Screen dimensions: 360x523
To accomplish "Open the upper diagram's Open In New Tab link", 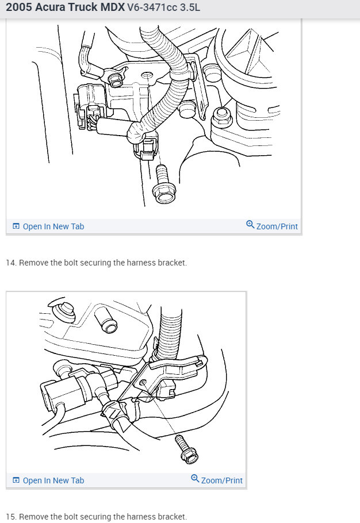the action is pos(53,226).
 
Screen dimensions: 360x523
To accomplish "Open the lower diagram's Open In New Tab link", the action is pos(53,480).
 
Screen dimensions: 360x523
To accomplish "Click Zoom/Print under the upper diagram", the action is pos(277,226).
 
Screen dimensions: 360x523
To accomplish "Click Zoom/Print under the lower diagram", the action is pos(222,480).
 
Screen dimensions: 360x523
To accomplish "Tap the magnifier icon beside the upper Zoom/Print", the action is pos(250,225).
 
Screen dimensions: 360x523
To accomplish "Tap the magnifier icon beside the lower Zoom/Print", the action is pos(195,479).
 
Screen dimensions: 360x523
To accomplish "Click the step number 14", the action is pos(11,263).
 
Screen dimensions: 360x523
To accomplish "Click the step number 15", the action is pos(11,517).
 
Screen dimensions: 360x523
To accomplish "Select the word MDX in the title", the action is pos(113,7).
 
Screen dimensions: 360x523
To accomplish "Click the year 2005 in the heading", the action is pos(19,7).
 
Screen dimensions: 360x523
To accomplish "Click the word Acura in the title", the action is pos(50,7).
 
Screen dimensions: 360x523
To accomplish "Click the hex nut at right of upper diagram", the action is pos(221,117).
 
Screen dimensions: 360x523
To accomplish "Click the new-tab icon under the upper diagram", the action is pos(16,226).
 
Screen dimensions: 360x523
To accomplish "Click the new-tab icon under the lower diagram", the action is pos(16,480).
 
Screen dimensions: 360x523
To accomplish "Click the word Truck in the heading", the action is pos(83,7).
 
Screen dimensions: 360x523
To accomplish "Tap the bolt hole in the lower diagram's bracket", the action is pos(143,382).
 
